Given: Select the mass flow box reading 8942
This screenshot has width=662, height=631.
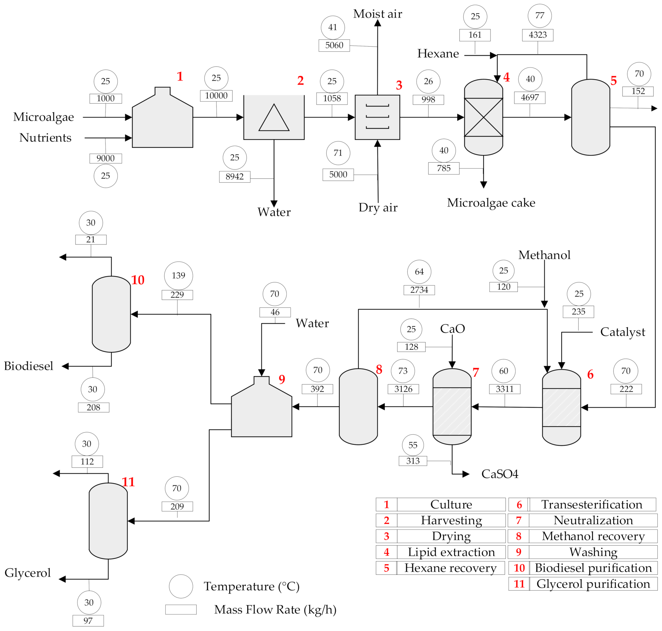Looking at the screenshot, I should tap(234, 176).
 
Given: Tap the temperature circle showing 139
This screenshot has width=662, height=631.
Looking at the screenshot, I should tap(178, 275).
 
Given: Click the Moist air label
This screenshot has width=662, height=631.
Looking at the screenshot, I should tap(377, 14).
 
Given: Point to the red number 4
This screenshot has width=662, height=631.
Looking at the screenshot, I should tap(506, 77).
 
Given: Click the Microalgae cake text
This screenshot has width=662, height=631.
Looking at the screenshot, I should tap(491, 203).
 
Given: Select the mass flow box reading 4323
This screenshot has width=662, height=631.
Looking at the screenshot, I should tap(537, 35).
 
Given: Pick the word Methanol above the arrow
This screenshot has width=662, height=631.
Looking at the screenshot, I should tap(544, 255).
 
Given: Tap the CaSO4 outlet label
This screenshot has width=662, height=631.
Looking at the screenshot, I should tap(500, 474).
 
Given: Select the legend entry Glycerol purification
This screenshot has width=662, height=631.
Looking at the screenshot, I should tap(593, 584).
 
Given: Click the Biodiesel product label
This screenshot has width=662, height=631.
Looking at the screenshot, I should tap(29, 366).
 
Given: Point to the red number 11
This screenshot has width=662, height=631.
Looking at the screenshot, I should tap(128, 482).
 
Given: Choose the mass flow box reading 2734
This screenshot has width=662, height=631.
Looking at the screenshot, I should tap(419, 290).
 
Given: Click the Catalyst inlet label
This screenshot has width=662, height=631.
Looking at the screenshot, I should tap(623, 332).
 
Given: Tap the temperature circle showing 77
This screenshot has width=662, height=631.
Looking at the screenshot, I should tap(540, 16).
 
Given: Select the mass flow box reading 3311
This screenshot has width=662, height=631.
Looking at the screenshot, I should tap(505, 389).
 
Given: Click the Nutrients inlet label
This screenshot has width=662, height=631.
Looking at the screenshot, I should tap(46, 138).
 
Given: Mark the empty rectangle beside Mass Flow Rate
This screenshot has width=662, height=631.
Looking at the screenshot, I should tap(181, 609).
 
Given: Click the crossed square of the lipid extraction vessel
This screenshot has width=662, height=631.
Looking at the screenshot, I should tap(483, 117).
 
